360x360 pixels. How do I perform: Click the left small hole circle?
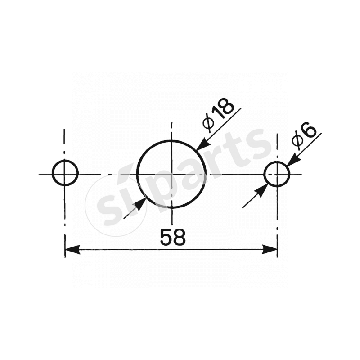point(65,173)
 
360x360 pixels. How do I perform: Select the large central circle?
point(171,174)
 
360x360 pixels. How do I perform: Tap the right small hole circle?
point(277,174)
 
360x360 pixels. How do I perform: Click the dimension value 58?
point(172,237)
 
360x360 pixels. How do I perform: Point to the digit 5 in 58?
point(166,237)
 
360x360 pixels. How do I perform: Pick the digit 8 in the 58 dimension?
point(179,237)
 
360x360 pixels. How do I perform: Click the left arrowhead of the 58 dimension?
point(72,249)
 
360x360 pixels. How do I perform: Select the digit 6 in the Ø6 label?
point(310,130)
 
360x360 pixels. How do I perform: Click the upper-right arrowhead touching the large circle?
point(202,144)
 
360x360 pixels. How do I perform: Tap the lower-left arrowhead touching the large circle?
point(140,205)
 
